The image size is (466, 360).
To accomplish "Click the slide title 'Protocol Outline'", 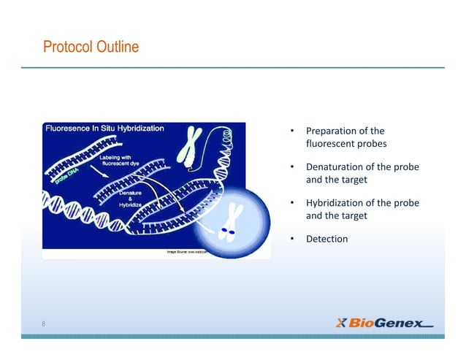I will click(x=91, y=48).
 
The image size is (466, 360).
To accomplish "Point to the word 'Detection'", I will click(x=326, y=239).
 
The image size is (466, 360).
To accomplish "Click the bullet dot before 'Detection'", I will click(x=292, y=239).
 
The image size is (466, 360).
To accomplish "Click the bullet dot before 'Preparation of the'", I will click(x=292, y=131).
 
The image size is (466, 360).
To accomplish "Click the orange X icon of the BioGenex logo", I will click(x=341, y=323).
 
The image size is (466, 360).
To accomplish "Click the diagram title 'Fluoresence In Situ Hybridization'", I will click(x=105, y=128).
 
